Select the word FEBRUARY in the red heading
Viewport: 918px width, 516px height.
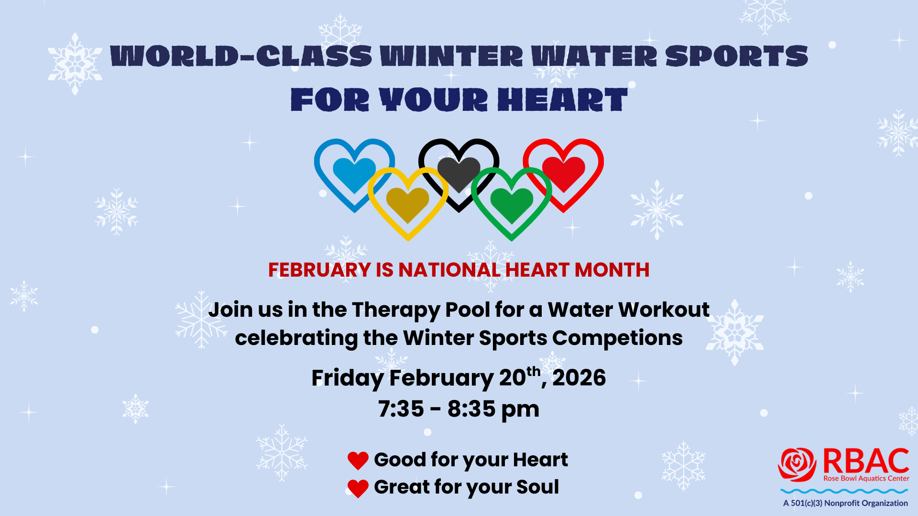pyautogui.click(x=319, y=270)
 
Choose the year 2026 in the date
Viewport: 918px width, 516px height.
pyautogui.click(x=579, y=378)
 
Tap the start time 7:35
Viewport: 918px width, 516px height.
pyautogui.click(x=401, y=409)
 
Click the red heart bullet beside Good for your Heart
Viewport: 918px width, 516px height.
pyautogui.click(x=358, y=461)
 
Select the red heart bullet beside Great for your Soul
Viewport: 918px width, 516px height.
pyautogui.click(x=358, y=488)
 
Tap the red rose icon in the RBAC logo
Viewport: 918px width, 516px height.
pyautogui.click(x=797, y=464)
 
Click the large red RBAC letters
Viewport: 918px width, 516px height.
pyautogui.click(x=866, y=461)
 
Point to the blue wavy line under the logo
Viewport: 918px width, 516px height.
pyautogui.click(x=844, y=491)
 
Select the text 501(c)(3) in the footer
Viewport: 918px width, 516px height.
pyautogui.click(x=807, y=503)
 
